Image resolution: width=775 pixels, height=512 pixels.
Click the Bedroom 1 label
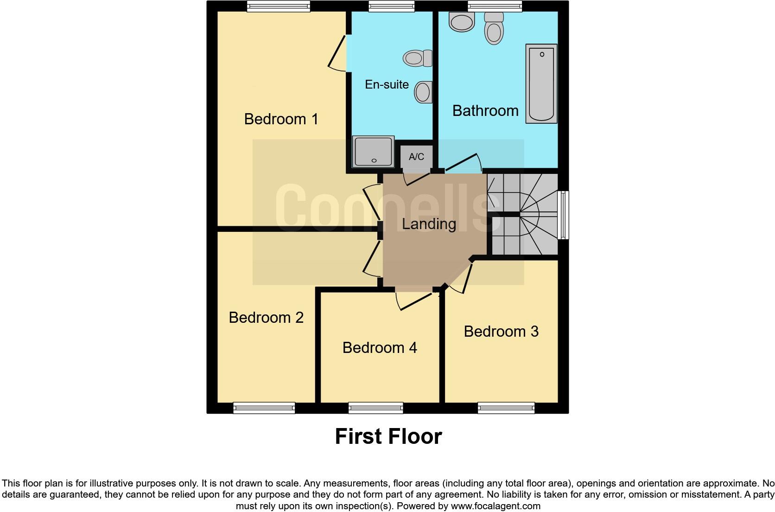[x=281, y=119]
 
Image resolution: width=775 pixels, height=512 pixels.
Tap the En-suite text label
[x=387, y=84]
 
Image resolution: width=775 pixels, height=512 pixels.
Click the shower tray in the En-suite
[x=373, y=151]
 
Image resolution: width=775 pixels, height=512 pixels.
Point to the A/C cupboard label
[x=416, y=157]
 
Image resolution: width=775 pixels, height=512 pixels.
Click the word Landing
[x=429, y=224]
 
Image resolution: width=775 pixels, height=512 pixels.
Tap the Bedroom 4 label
[x=380, y=347]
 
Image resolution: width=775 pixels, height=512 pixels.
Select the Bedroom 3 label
[x=501, y=331]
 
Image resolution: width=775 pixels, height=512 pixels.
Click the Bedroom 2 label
[x=266, y=317]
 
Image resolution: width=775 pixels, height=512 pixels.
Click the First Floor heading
[x=388, y=436]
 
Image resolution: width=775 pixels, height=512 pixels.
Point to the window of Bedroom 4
[x=375, y=408]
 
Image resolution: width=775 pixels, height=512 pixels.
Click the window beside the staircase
[x=564, y=215]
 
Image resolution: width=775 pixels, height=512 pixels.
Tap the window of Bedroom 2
[x=264, y=408]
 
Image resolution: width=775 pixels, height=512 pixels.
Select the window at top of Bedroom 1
[x=278, y=6]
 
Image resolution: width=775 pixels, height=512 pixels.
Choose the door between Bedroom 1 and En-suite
[x=337, y=52]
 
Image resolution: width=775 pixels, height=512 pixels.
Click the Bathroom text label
[x=485, y=111]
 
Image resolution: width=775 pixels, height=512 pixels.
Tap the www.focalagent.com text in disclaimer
[x=495, y=506]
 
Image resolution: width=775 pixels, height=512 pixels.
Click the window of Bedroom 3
[x=506, y=408]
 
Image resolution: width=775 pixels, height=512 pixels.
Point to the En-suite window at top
[x=392, y=6]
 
